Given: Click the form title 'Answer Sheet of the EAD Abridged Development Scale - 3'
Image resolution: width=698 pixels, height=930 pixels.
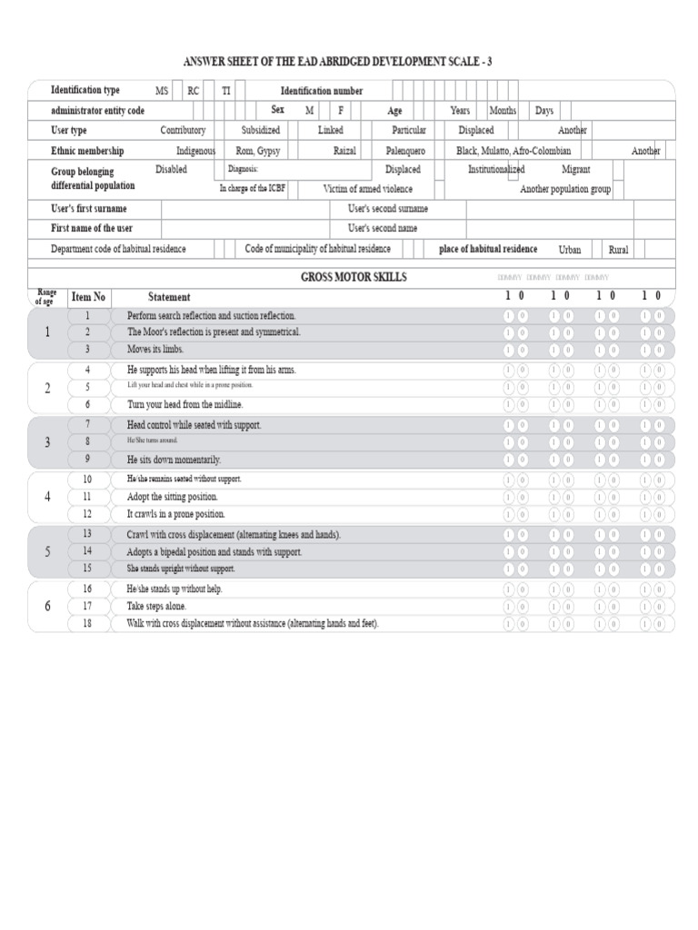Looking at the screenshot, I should (x=350, y=62).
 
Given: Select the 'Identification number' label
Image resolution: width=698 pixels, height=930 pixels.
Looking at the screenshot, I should (x=322, y=91).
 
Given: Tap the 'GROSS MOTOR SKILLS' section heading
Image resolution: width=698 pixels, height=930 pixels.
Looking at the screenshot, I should (x=354, y=277).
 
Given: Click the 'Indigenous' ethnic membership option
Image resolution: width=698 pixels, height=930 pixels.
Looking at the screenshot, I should (x=195, y=151).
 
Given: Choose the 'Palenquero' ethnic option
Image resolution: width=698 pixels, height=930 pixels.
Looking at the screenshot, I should (x=404, y=151).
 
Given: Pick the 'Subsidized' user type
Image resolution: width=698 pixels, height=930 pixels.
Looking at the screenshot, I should (x=260, y=131).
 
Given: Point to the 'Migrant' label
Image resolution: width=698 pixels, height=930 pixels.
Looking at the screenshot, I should (x=575, y=170).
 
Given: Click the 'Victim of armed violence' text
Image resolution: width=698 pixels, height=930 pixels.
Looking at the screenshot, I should (x=367, y=189).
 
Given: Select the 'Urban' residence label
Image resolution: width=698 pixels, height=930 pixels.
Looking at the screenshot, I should (x=569, y=250).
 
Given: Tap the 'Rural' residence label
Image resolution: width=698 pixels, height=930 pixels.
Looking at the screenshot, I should (x=618, y=250).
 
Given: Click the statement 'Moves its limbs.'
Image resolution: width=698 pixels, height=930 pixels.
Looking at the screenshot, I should (x=155, y=350).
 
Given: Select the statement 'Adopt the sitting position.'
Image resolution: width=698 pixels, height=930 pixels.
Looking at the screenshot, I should (x=173, y=497).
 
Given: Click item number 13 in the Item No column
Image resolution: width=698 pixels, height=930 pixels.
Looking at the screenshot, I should (x=87, y=534).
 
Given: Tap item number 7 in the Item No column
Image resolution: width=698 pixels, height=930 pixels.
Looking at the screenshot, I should (x=87, y=424).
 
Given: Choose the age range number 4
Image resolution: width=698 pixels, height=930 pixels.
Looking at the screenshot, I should (x=47, y=497).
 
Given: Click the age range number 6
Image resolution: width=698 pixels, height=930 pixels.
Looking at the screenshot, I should (x=47, y=606).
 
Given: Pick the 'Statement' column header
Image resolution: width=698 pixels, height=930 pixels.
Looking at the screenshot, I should (x=169, y=297).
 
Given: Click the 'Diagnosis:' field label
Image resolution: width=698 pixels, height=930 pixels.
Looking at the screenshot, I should (x=243, y=170).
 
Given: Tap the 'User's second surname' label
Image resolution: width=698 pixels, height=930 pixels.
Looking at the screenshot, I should (x=388, y=209).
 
